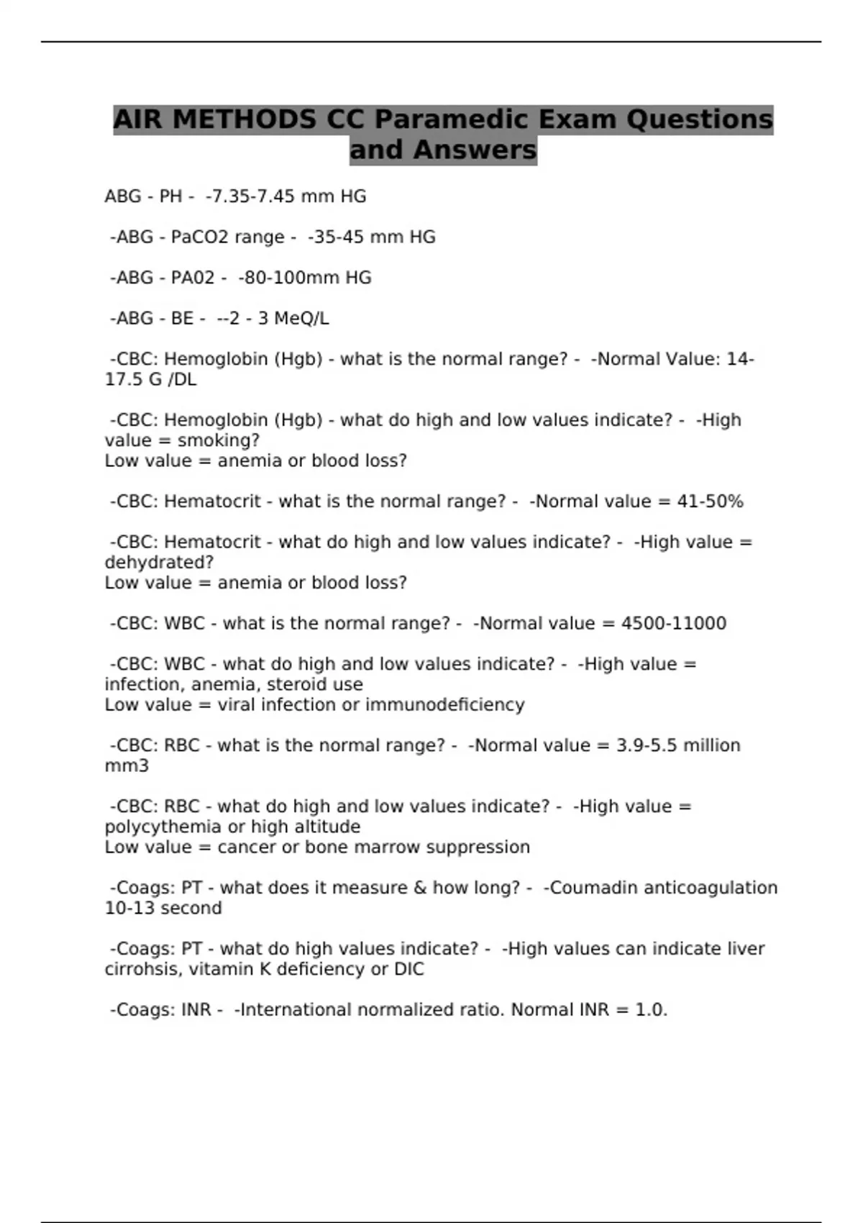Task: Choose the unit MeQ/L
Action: coord(303,319)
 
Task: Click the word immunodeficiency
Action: coord(444,704)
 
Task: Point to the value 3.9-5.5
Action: coord(647,745)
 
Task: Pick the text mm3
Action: coord(127,765)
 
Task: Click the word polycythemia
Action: coord(163,827)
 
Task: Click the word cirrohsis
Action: coord(143,969)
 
